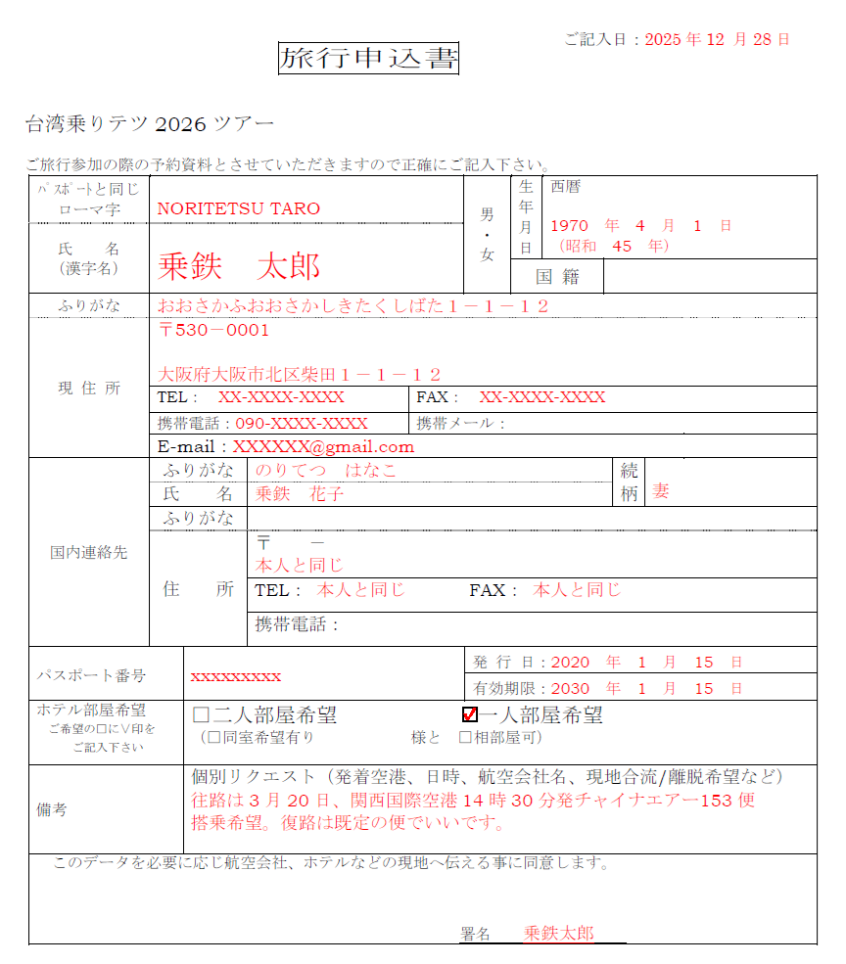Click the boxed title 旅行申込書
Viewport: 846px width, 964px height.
click(368, 59)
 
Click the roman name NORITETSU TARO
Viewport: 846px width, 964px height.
click(238, 208)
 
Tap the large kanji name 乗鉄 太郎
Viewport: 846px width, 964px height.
click(239, 265)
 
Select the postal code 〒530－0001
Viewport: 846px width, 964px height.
click(213, 330)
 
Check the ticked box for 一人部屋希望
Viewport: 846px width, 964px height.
click(469, 714)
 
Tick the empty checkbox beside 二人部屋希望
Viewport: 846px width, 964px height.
click(202, 715)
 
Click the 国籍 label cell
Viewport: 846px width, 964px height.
click(557, 277)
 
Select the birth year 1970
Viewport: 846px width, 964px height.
click(570, 225)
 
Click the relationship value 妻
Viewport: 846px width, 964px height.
click(661, 491)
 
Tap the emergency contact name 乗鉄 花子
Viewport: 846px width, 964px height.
click(300, 493)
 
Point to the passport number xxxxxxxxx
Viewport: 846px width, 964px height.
click(235, 676)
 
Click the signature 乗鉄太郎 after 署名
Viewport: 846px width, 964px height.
click(558, 933)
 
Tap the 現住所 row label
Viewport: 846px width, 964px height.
click(88, 388)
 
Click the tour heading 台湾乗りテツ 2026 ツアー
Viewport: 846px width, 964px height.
click(150, 124)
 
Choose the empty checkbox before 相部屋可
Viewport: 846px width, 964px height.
click(465, 736)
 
